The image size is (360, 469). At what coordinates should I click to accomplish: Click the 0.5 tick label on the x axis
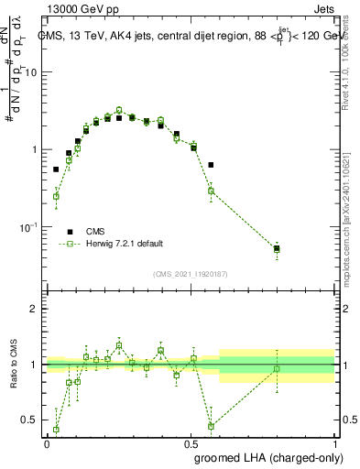pyautogui.click(x=191, y=442)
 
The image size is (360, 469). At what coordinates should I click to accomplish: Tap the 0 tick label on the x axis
pyautogui.click(x=47, y=442)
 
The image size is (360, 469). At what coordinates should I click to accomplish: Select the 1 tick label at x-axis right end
pyautogui.click(x=335, y=442)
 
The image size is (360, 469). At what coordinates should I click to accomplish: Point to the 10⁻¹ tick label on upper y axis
pyautogui.click(x=27, y=226)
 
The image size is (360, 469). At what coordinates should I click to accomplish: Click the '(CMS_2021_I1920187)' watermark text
pyautogui.click(x=191, y=274)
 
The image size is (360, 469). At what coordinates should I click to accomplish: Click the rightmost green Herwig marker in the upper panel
pyautogui.click(x=277, y=248)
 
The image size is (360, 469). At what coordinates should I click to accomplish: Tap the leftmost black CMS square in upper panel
pyautogui.click(x=56, y=169)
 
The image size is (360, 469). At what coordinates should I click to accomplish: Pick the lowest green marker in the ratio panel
pyautogui.click(x=56, y=429)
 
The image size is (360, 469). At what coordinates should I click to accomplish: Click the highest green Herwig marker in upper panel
pyautogui.click(x=119, y=110)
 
